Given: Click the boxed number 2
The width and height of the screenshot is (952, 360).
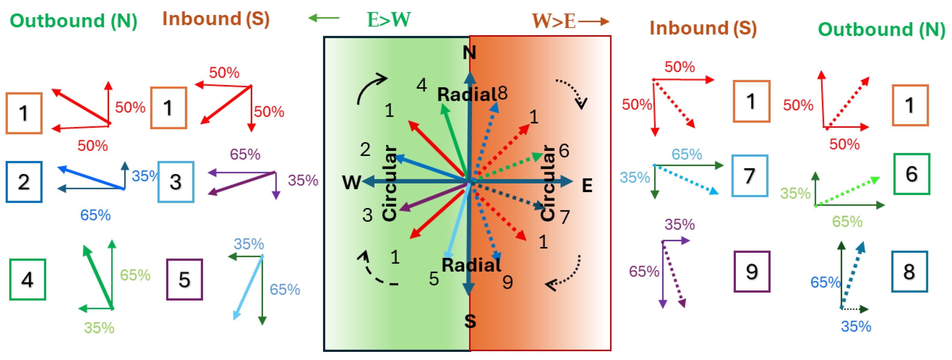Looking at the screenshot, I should point(24,182).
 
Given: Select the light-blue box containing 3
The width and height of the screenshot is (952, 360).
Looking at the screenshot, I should point(176,182).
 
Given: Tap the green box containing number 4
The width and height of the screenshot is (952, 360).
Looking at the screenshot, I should point(28,279).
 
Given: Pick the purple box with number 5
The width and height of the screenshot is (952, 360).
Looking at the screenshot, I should point(184,279).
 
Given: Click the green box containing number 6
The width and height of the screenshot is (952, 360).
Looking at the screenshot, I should point(911,174).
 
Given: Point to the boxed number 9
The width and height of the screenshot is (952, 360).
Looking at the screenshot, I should point(752,272).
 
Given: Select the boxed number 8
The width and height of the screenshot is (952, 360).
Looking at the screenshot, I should point(910,272).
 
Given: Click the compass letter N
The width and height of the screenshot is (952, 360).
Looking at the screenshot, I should point(469,53).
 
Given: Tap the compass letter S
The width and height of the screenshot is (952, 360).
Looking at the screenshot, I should point(470,321).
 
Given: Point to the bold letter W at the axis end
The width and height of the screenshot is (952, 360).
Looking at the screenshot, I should point(351,182).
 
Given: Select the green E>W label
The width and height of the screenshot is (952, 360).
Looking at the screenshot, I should point(389,19).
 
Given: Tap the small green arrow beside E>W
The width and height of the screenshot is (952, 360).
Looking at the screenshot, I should point(324,18).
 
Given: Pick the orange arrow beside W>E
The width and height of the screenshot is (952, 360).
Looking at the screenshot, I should point(593,21).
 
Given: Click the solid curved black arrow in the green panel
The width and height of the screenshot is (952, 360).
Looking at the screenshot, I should point(371,88).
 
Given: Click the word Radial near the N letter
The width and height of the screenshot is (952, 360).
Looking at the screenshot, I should point(467,95).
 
